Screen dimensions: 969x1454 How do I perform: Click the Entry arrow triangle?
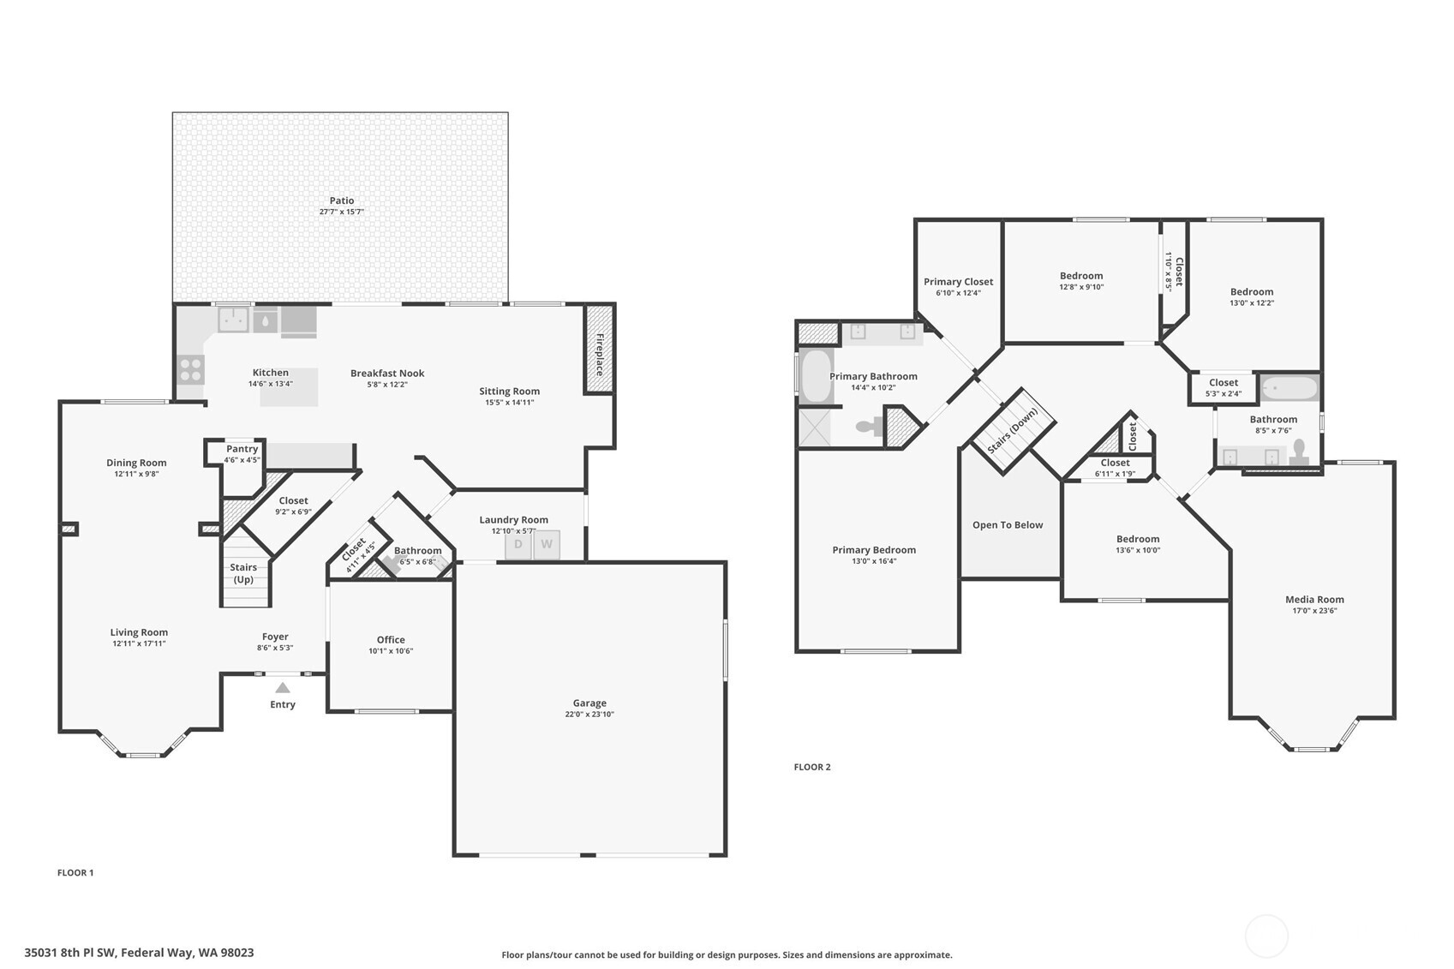(x=283, y=688)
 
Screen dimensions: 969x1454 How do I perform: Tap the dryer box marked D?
(x=518, y=545)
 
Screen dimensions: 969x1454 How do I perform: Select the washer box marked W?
(x=547, y=545)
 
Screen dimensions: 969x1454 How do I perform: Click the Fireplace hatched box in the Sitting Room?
(x=600, y=350)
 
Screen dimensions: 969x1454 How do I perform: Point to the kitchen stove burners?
(x=191, y=370)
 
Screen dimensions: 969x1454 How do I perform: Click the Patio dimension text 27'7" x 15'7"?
(x=342, y=212)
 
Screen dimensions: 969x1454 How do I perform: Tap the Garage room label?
(x=589, y=703)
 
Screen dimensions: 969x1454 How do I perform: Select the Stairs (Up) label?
(x=243, y=573)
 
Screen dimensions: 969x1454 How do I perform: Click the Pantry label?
(x=242, y=449)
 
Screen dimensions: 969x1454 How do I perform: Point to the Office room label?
(x=391, y=639)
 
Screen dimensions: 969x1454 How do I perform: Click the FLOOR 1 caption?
(x=75, y=872)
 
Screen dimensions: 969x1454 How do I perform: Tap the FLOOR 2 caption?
(x=812, y=767)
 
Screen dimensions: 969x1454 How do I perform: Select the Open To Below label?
(x=1008, y=525)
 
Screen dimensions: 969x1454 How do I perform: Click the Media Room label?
(x=1314, y=600)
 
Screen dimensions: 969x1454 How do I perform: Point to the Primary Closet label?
(x=958, y=282)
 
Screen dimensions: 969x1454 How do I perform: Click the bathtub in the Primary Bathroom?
(x=816, y=376)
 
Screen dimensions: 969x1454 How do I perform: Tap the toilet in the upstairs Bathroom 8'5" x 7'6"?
(x=1299, y=452)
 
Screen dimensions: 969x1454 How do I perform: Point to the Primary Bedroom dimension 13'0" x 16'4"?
(x=874, y=561)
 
